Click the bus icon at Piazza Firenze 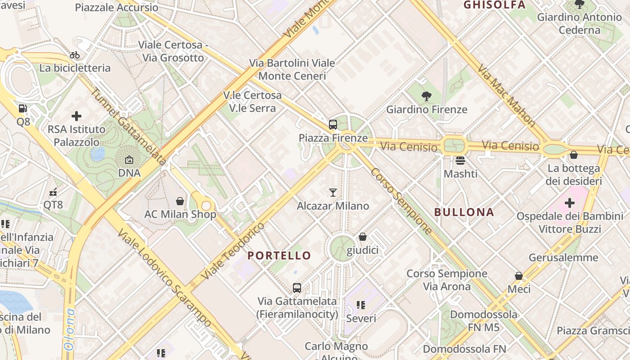pos(333,125)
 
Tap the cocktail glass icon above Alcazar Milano pos(333,193)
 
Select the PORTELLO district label pos(279,256)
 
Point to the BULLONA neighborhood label pos(464,212)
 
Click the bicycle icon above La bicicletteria pos(75,55)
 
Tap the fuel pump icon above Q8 pos(22,108)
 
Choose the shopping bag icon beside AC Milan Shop pos(180,201)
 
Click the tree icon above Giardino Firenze pos(426,96)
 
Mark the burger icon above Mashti pos(460,160)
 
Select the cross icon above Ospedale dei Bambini pos(570,203)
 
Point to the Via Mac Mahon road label pos(506,95)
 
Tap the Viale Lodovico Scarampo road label pos(164,278)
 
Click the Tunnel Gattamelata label pos(129,126)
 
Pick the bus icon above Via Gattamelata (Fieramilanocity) pos(297,288)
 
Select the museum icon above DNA pos(129,160)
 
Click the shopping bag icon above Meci pos(519,276)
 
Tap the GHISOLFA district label pos(494,5)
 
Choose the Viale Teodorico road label pos(233,250)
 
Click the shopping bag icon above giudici pos(363,237)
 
